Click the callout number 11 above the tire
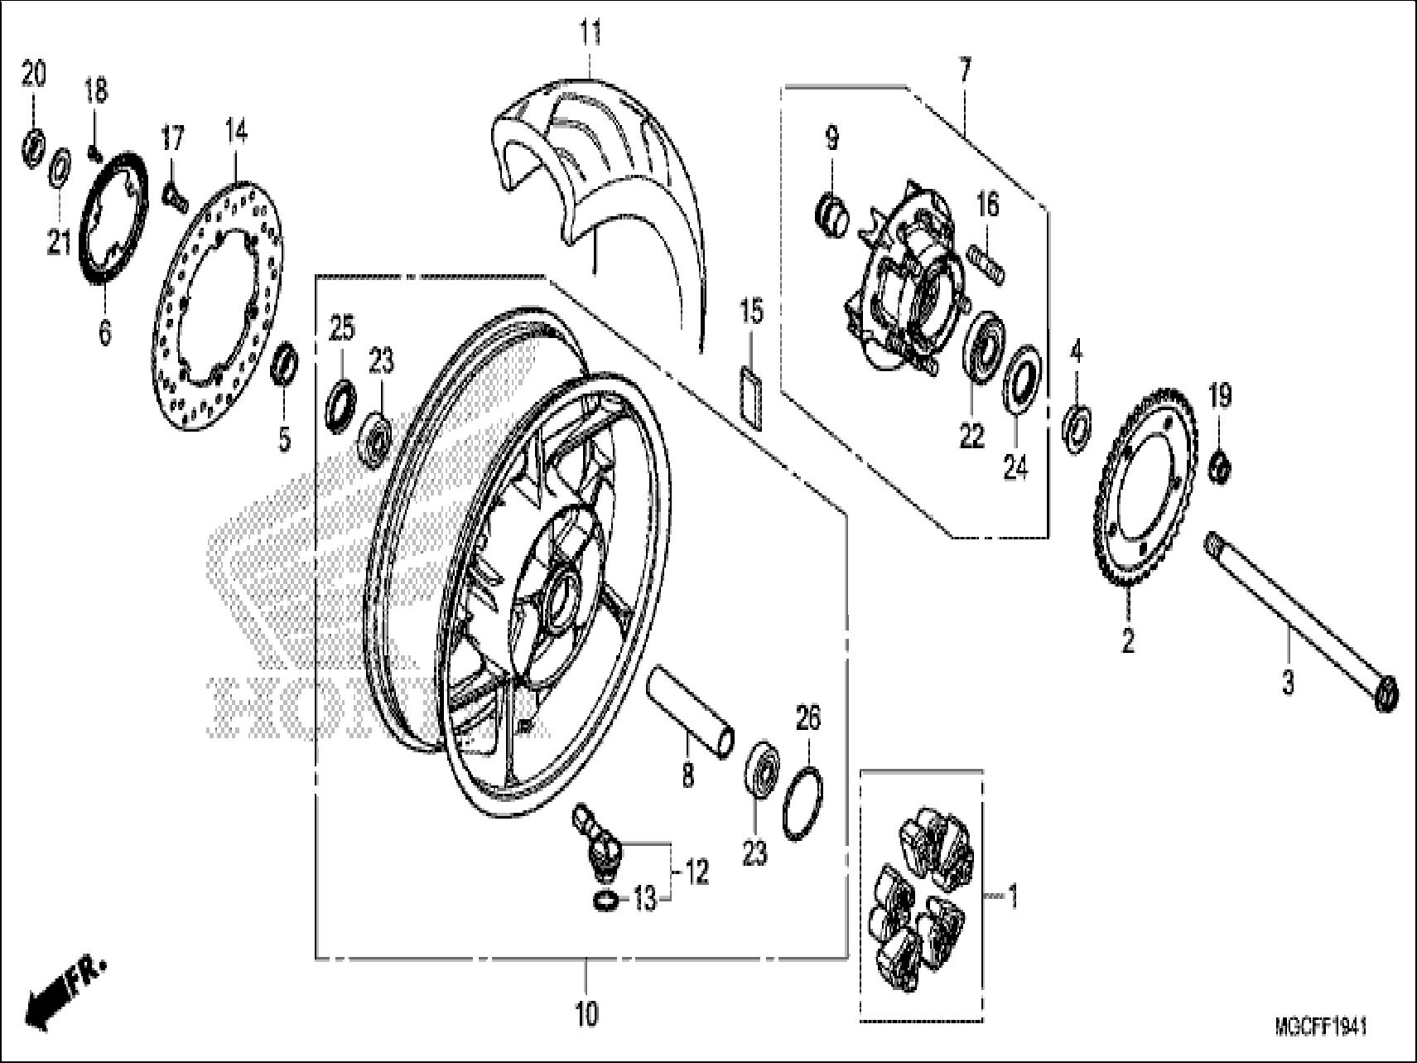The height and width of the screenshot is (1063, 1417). coord(590,35)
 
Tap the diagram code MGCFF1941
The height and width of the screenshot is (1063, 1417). coord(1321,1027)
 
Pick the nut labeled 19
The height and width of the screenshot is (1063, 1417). coord(1219,466)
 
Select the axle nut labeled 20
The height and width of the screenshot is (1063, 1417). coord(33,145)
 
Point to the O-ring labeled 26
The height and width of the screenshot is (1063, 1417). coord(802,804)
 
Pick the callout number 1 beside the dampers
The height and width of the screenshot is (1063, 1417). coord(1011,896)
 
